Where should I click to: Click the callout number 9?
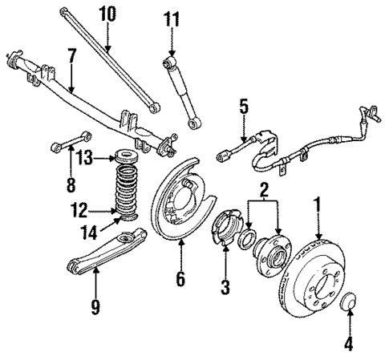click(95, 307)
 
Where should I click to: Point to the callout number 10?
click(107, 14)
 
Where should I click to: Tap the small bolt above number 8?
click(66, 146)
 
